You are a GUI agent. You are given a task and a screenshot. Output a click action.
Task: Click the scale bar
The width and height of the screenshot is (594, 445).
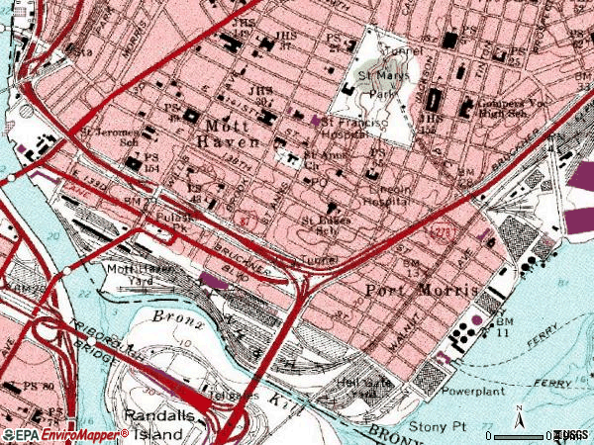[520, 435]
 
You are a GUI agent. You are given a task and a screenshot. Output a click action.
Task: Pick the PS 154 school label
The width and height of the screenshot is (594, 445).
[151, 163]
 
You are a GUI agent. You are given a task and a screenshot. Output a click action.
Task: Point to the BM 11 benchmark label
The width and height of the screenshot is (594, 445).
[506, 329]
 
